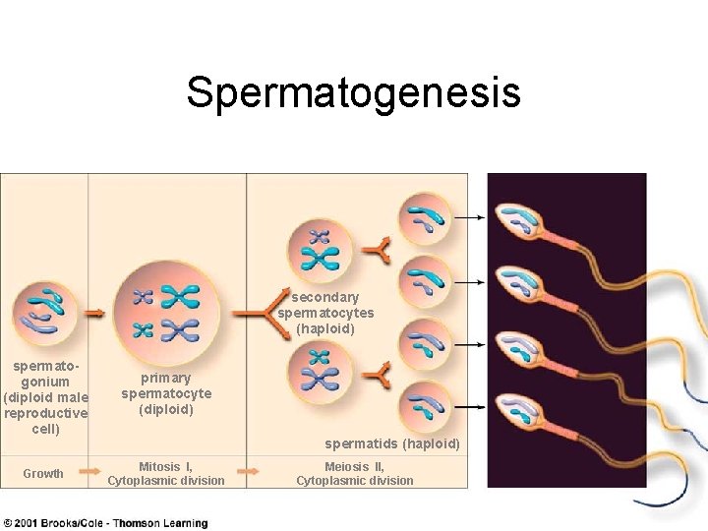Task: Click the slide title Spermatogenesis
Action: click(353, 93)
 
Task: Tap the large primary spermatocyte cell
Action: click(166, 312)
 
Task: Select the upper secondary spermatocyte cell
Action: click(320, 247)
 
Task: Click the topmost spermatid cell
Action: click(424, 217)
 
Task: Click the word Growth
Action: click(43, 474)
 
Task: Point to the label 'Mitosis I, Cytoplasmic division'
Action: click(166, 474)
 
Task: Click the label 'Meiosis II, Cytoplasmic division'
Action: click(355, 474)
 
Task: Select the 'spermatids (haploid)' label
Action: click(392, 443)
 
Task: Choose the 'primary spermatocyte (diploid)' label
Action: click(166, 393)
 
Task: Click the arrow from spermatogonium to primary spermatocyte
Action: click(95, 313)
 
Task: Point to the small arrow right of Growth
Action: click(89, 473)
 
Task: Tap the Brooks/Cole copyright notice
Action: click(106, 523)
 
